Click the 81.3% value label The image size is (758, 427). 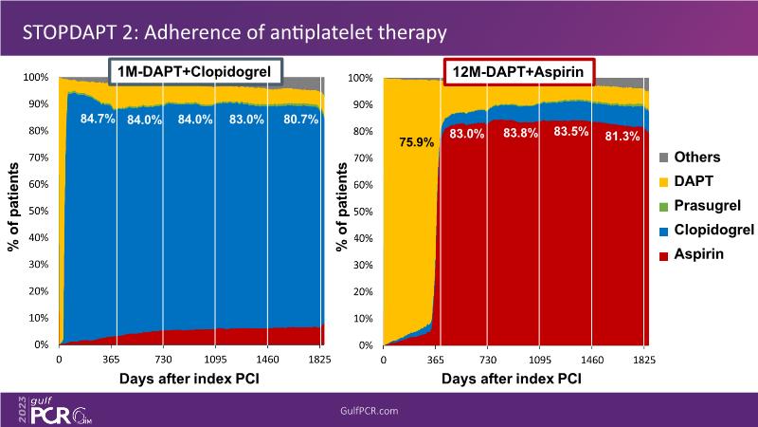tap(622, 136)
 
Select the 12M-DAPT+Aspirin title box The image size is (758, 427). tap(518, 71)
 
